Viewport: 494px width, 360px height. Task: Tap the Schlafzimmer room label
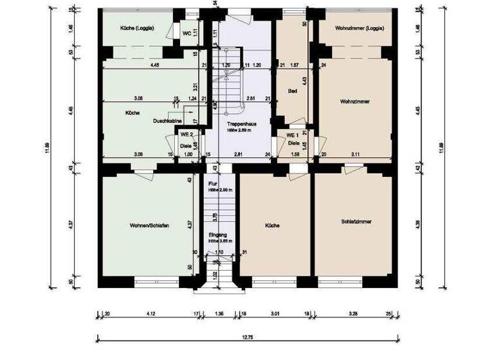[357, 221]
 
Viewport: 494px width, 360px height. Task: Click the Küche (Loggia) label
[136, 29]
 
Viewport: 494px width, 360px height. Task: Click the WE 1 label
[293, 136]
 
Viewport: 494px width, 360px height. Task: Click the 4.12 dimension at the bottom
[152, 314]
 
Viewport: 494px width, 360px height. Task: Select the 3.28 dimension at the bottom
[352, 314]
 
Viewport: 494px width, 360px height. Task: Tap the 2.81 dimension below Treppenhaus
[237, 154]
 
